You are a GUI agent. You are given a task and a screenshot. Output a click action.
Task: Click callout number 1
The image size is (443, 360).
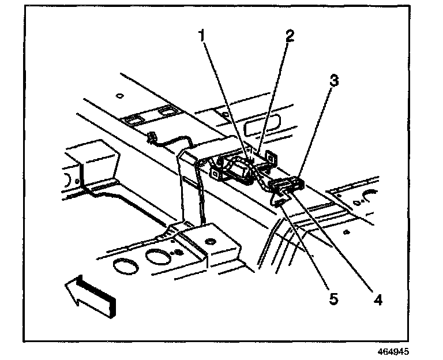coord(202,36)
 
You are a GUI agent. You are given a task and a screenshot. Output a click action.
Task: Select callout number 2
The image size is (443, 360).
coord(288,36)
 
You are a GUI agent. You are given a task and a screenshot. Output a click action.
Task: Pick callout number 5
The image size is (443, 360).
coord(333,299)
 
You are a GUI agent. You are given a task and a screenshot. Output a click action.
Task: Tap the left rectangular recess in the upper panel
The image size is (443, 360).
coord(133,119)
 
